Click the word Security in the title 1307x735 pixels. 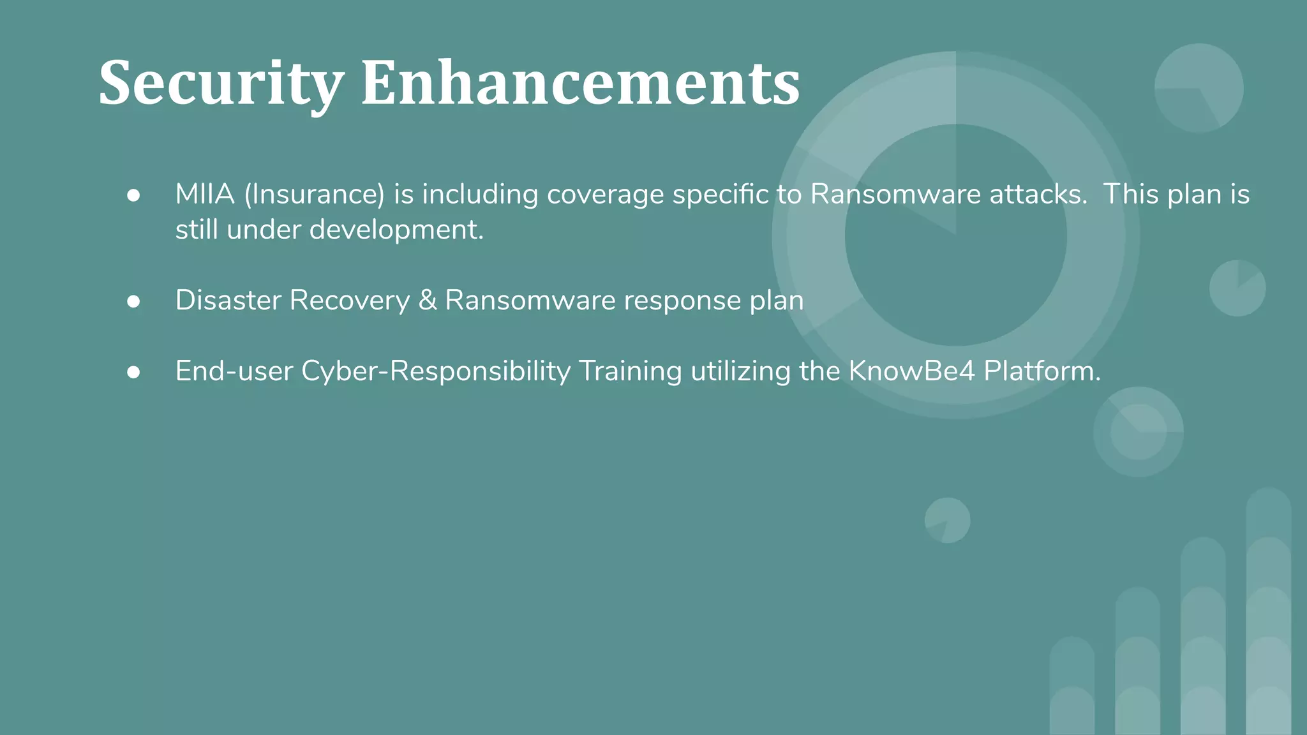coord(220,83)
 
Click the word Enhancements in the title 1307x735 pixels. coord(579,83)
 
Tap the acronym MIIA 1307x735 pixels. coord(205,194)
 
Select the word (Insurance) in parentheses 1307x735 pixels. coord(314,194)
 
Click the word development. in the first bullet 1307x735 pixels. coord(396,229)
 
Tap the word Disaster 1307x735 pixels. coord(228,300)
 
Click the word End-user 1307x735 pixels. coord(234,371)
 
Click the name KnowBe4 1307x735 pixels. coord(911,371)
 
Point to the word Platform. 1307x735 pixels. coord(1042,371)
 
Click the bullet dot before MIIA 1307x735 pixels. coord(133,195)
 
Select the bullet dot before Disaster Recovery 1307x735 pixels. coord(133,301)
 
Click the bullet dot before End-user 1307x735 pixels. coord(133,372)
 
